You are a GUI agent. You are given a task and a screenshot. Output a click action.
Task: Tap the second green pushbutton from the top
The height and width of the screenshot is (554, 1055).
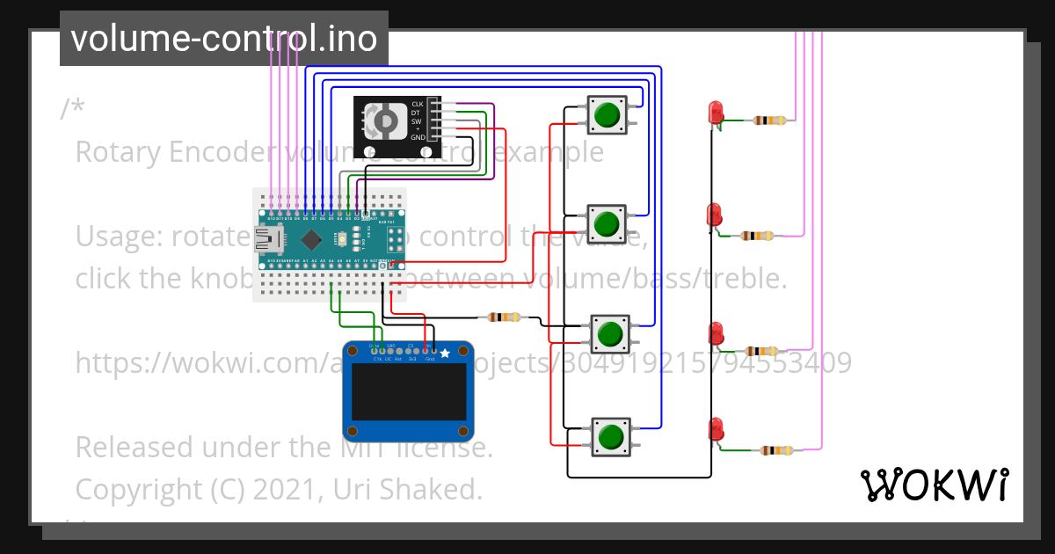(606, 224)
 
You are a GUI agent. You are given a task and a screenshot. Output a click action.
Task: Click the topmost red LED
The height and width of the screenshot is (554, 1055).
(716, 113)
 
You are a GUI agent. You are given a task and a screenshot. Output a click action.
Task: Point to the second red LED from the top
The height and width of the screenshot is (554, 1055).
(716, 215)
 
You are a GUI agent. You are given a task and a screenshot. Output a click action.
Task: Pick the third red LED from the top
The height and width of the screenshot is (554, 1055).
(717, 333)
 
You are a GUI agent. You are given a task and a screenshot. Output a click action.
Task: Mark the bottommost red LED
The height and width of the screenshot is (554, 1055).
(716, 429)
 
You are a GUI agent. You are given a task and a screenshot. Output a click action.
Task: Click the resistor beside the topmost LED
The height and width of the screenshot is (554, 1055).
(770, 120)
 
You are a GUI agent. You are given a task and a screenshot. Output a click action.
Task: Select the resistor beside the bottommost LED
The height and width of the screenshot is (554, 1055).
(776, 450)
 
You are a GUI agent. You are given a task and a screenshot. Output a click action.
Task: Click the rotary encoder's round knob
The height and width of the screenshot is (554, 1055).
(384, 121)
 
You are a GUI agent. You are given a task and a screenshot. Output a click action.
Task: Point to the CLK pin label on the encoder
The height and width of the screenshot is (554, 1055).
(418, 105)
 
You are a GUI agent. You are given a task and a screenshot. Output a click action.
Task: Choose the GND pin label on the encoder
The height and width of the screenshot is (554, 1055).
(418, 138)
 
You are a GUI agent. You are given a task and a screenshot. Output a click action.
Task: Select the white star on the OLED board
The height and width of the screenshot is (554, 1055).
(445, 354)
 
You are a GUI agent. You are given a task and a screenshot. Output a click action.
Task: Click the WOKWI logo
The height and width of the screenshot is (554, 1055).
(934, 485)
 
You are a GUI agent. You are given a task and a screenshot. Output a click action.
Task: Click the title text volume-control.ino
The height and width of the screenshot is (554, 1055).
(224, 39)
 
